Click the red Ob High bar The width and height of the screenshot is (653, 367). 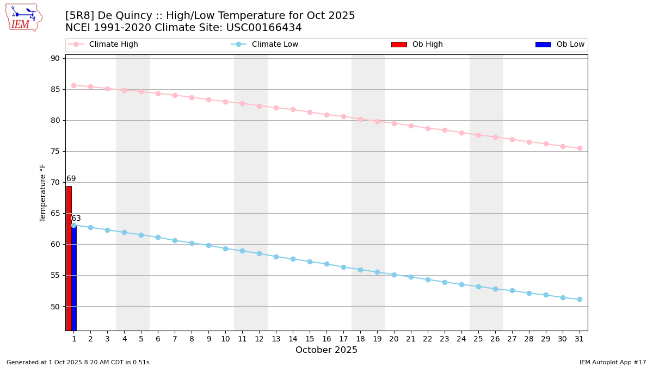(69, 258)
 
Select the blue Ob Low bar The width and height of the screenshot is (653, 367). (74, 277)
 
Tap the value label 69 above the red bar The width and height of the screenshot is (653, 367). (71, 179)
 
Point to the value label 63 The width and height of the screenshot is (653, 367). (76, 219)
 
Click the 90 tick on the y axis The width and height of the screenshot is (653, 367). (55, 58)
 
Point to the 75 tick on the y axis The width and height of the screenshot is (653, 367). (55, 151)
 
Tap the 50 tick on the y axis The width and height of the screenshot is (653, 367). (55, 306)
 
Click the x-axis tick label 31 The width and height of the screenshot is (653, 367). (580, 339)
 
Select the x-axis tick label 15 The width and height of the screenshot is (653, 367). (310, 339)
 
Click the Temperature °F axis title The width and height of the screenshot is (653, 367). (44, 192)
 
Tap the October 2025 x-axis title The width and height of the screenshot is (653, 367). (326, 350)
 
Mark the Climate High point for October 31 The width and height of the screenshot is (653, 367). (580, 148)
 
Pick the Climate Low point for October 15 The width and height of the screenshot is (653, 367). (310, 262)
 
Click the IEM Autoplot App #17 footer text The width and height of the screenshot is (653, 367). (613, 362)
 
